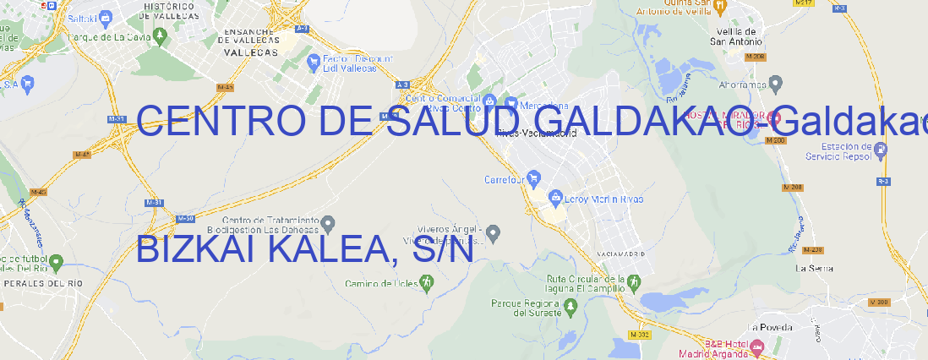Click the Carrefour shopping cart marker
pyautogui.click(x=536, y=179)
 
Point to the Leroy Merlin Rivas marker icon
pyautogui.click(x=555, y=199)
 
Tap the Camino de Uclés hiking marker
pyautogui.click(x=426, y=283)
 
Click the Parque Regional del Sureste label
pyautogui.click(x=526, y=308)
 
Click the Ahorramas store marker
pyautogui.click(x=777, y=83)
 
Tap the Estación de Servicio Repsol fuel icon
pyautogui.click(x=882, y=150)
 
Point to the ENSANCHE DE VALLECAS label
pyautogui.click(x=250, y=41)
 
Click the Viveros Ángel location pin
pyautogui.click(x=495, y=232)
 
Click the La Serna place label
pyautogui.click(x=814, y=268)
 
